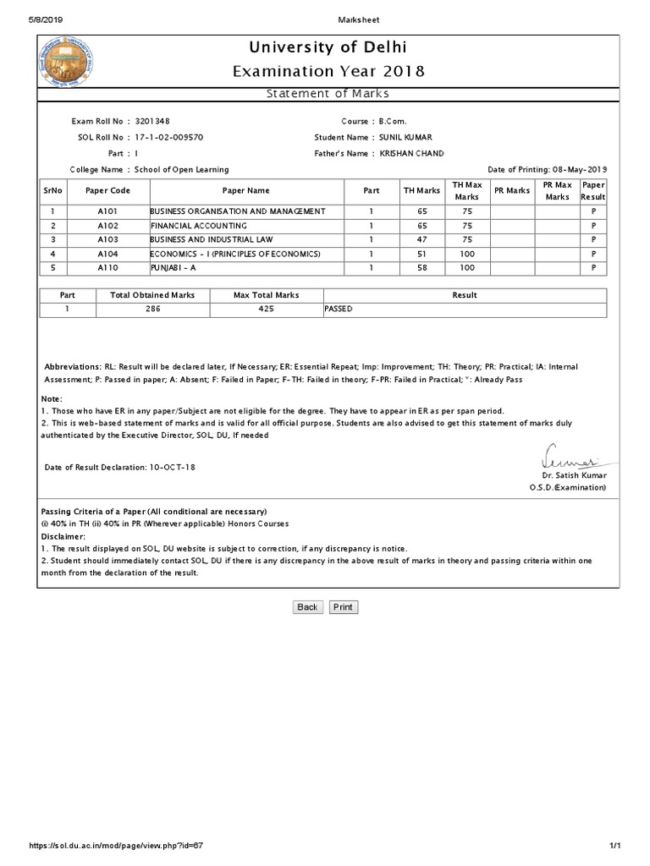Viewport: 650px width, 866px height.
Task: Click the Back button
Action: (x=307, y=607)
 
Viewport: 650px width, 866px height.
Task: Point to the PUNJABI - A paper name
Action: (x=173, y=267)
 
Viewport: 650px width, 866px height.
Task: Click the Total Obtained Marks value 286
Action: (x=152, y=310)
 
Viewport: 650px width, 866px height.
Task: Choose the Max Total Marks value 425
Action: (x=267, y=310)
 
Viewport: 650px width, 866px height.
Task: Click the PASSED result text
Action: (x=339, y=310)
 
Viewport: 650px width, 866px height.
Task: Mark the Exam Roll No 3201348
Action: (x=158, y=122)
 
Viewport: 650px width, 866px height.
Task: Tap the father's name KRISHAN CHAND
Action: (x=411, y=153)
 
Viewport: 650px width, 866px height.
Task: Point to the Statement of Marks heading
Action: (x=328, y=94)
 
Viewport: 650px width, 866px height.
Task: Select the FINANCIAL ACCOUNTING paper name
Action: (x=198, y=227)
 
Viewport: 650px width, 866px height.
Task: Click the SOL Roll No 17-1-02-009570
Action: (x=168, y=137)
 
